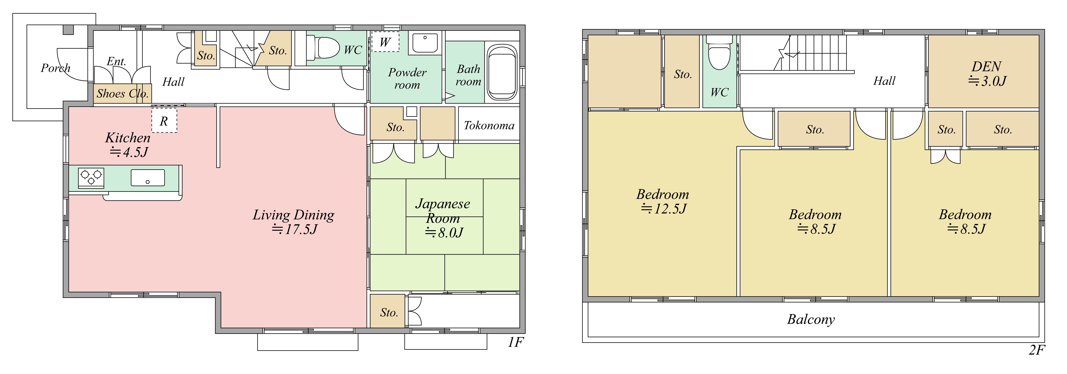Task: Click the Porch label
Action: point(55,68)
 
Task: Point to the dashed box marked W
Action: point(385,42)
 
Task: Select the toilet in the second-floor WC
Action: point(720,53)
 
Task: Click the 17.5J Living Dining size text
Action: point(294,229)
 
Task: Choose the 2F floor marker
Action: point(1037,350)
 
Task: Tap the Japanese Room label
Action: point(443,211)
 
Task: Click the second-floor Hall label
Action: point(884,81)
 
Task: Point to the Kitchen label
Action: point(128,138)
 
